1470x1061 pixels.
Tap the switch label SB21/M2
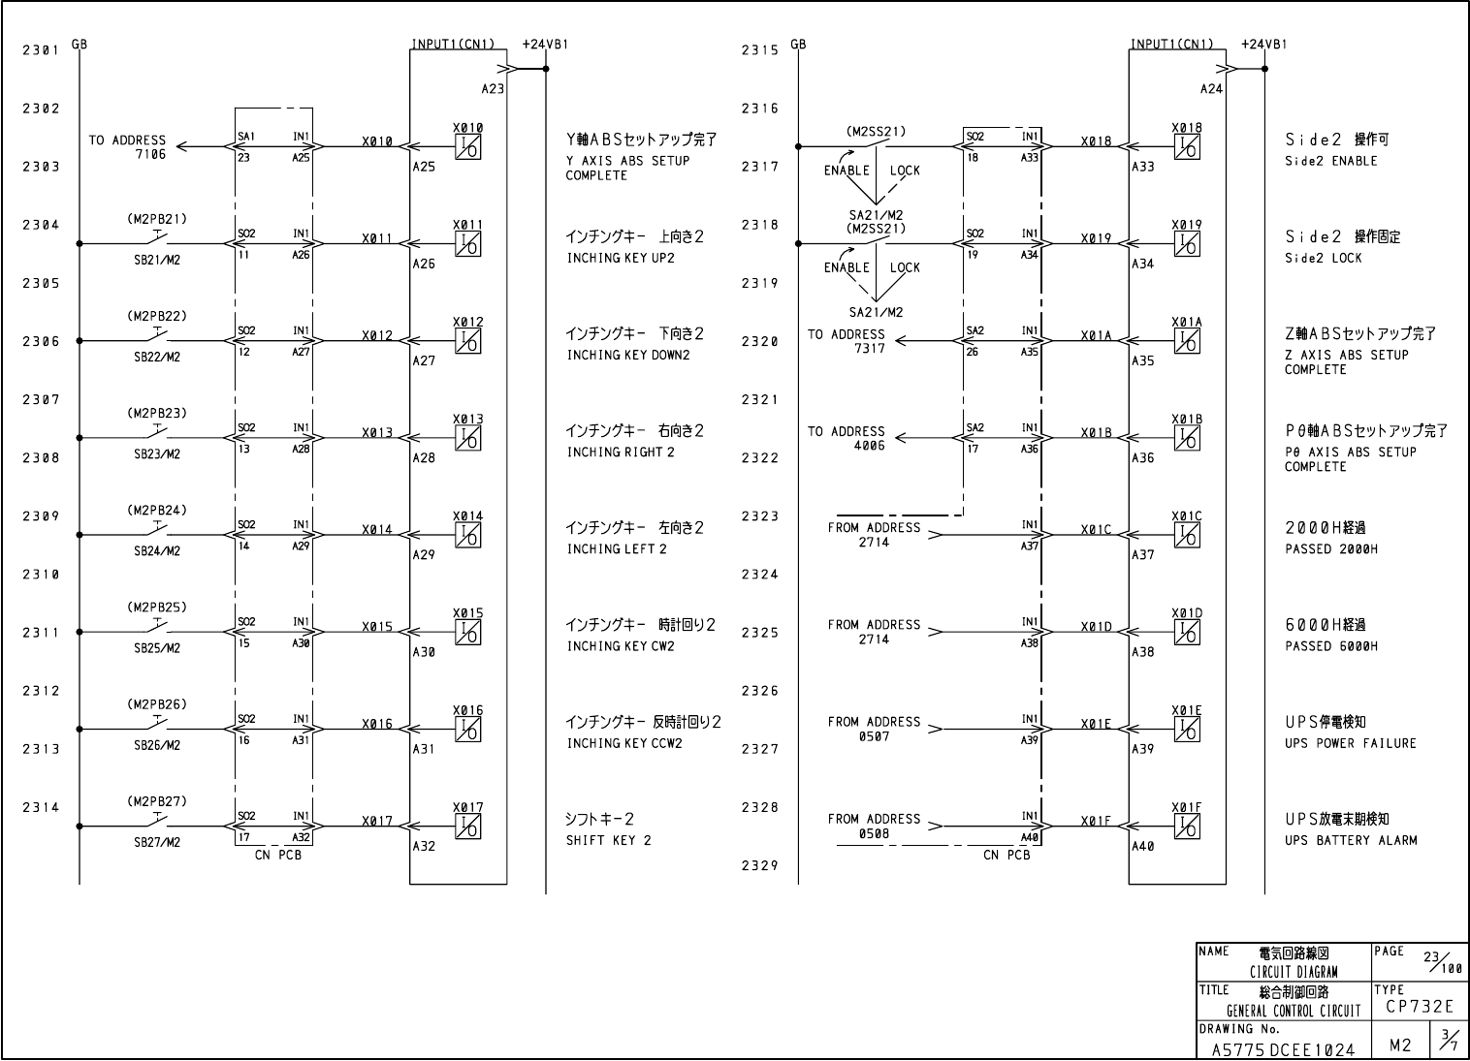click(157, 260)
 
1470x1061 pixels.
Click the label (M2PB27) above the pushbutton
click(157, 801)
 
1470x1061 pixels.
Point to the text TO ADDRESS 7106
click(127, 147)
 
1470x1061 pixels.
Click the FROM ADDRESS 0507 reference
click(874, 729)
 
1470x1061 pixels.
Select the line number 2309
click(42, 516)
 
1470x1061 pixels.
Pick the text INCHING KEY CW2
click(621, 646)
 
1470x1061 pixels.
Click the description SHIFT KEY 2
click(609, 840)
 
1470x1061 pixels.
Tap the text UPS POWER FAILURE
click(1351, 743)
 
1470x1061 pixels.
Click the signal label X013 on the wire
click(377, 433)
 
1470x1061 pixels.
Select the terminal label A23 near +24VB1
click(493, 88)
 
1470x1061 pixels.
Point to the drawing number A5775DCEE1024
click(1283, 1048)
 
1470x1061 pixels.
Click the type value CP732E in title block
click(1420, 1007)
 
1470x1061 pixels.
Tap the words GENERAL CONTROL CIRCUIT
click(1294, 1011)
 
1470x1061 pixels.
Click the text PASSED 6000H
click(1331, 646)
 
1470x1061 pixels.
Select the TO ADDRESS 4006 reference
click(847, 438)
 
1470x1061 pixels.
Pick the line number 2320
click(760, 341)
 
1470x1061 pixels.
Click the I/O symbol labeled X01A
click(1187, 341)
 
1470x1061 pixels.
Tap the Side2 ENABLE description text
click(1330, 161)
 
